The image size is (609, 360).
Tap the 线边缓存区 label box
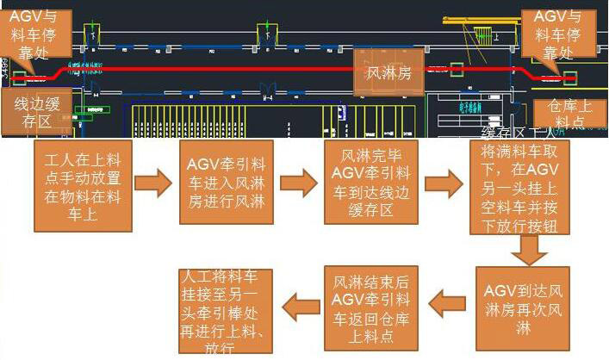point(34,113)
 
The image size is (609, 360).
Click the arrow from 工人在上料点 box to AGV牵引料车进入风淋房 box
point(154,183)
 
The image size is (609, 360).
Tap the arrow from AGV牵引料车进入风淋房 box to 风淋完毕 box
point(298,183)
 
